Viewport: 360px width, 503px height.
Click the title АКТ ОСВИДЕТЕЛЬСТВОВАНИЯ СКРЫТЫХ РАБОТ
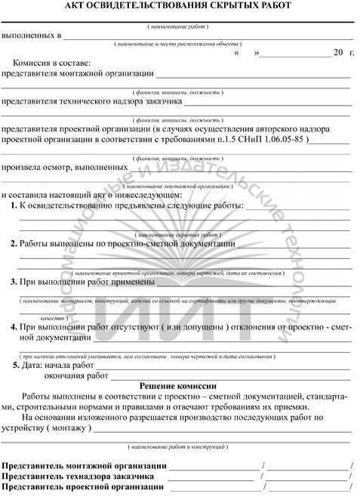(180, 7)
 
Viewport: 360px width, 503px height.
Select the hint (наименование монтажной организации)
(178, 186)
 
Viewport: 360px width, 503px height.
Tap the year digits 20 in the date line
(337, 53)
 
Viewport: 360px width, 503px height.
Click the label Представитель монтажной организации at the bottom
(85, 466)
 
